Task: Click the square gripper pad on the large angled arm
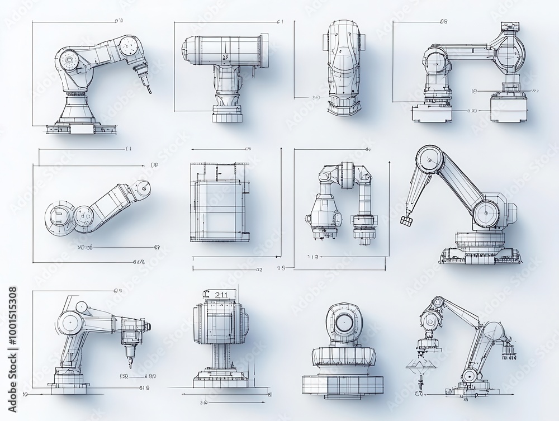pos(406,222)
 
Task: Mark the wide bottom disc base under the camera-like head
pos(340,386)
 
